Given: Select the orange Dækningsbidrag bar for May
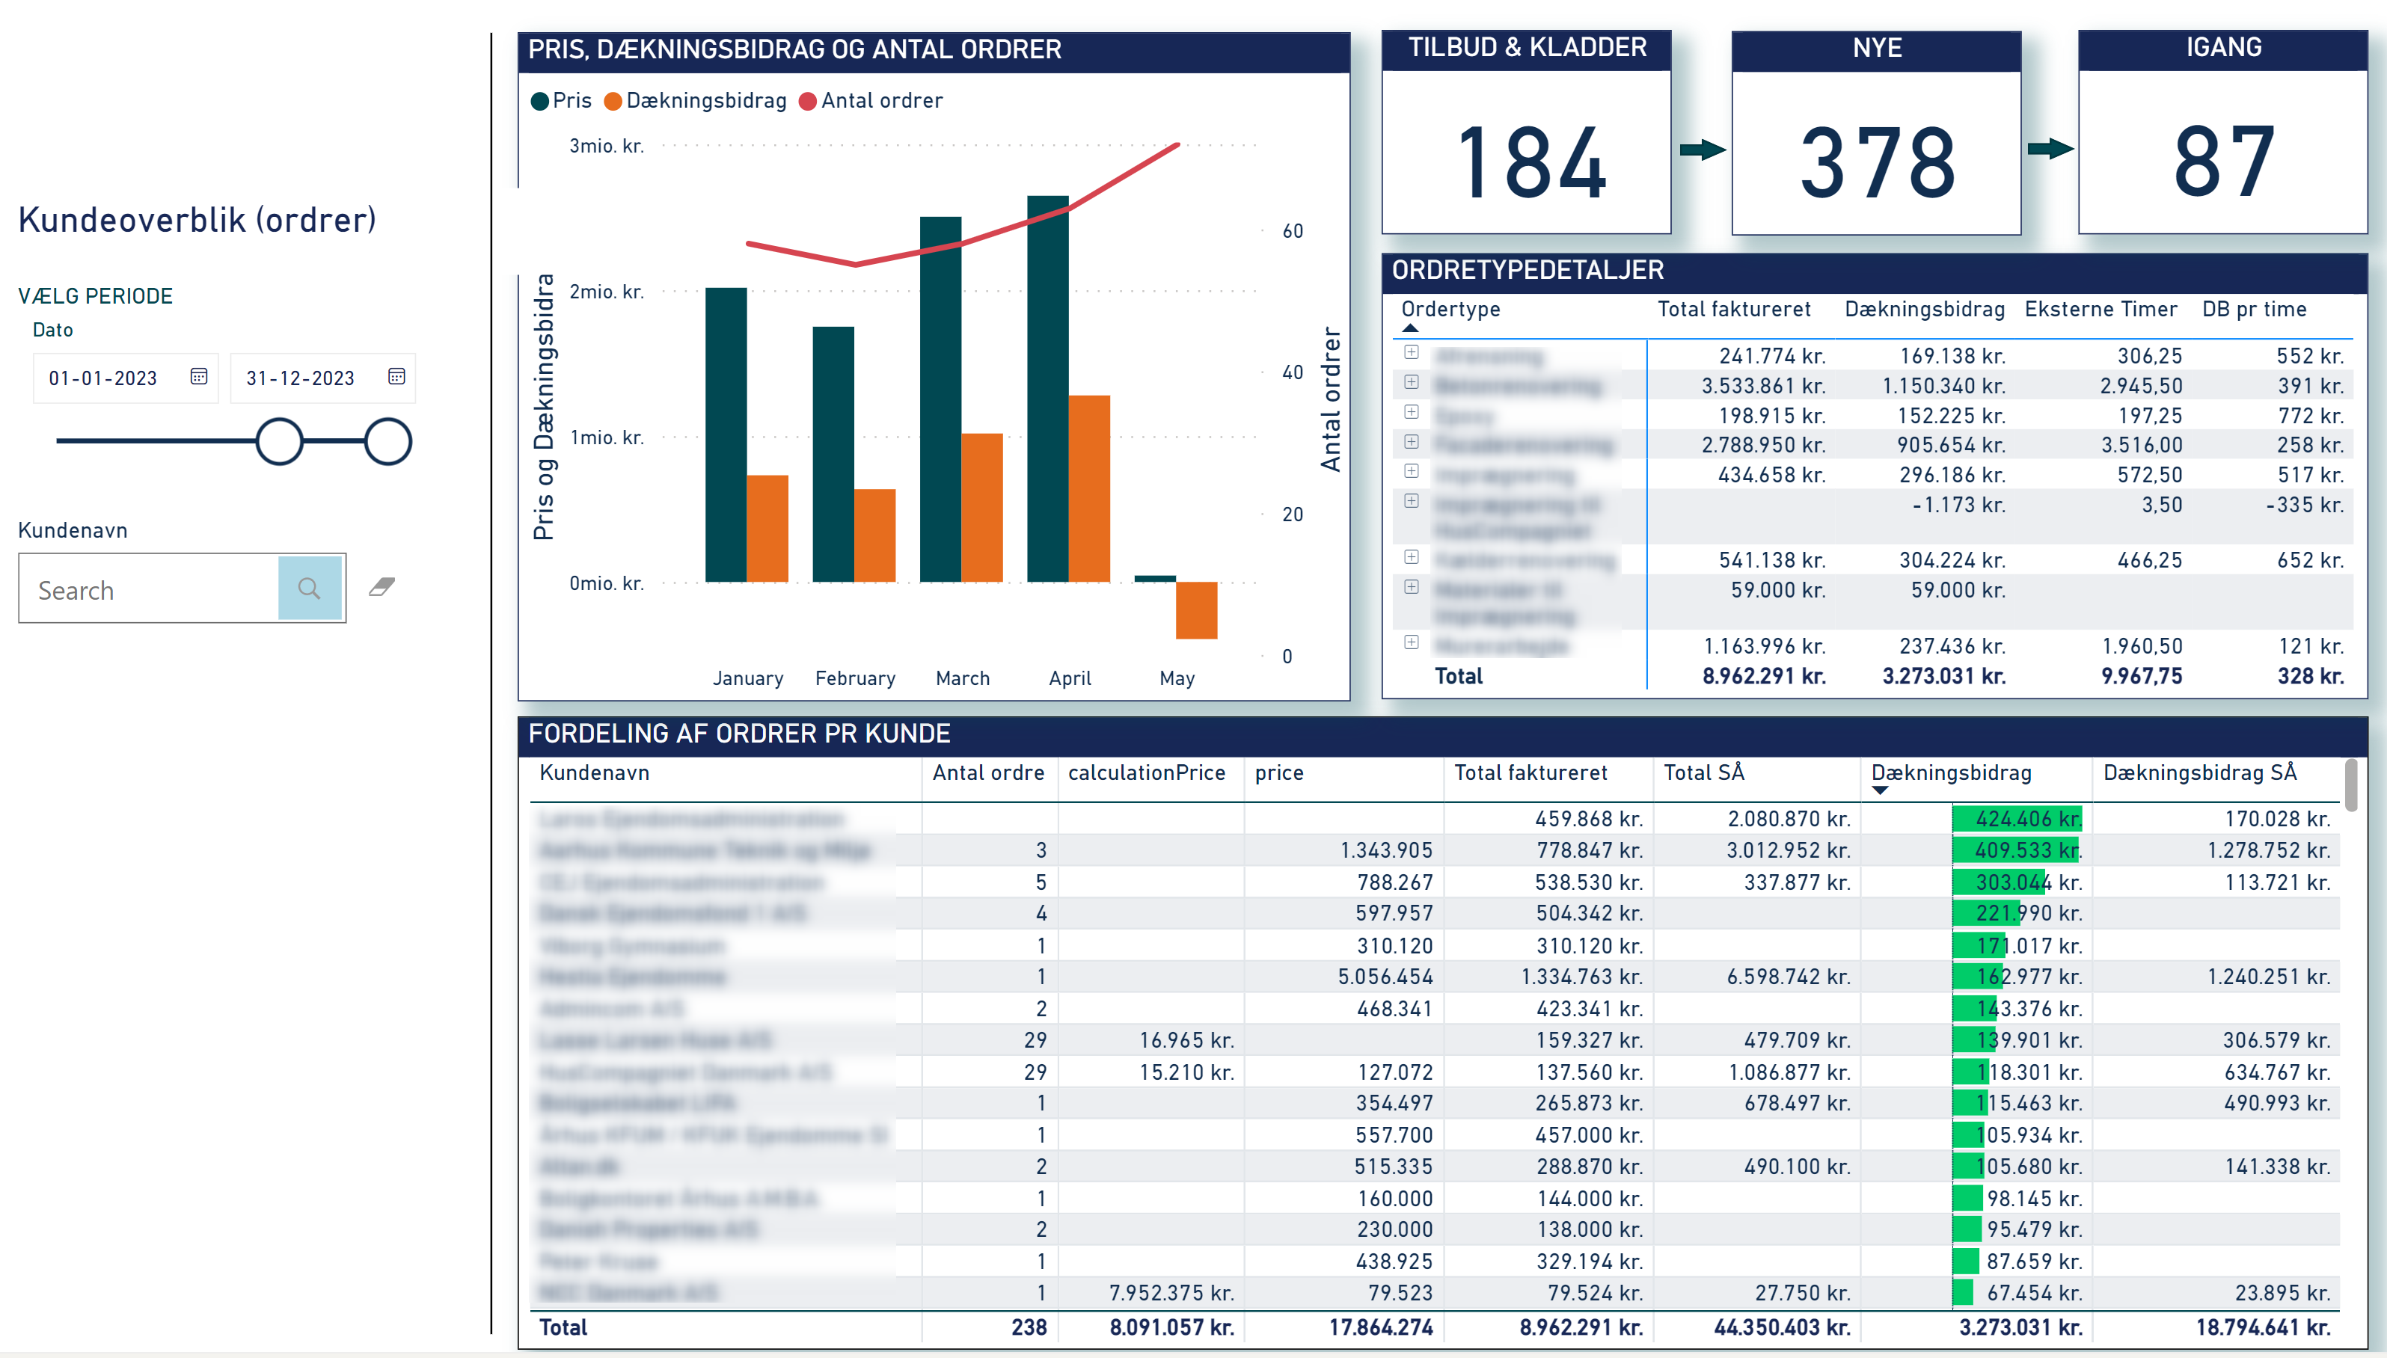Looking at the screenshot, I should click(x=1196, y=610).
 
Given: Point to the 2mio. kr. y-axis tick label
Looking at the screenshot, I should click(x=607, y=292).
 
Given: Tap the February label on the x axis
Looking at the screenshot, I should click(x=854, y=678).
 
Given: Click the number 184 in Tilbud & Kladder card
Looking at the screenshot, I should click(x=1530, y=163).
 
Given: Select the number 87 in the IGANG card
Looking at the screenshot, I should click(x=2223, y=163).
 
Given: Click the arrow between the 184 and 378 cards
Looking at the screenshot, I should click(x=1701, y=150).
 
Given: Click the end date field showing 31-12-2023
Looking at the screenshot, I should click(x=301, y=378).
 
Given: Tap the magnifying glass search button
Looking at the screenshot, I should click(x=310, y=589).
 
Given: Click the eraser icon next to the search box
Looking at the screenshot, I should click(x=382, y=587).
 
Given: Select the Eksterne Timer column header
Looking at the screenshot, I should click(x=2100, y=310).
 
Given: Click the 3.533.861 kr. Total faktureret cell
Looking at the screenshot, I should click(x=1762, y=386).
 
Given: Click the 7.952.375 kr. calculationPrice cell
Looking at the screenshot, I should click(x=1171, y=1293).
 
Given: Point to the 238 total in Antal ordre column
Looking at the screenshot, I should click(x=1028, y=1327).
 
